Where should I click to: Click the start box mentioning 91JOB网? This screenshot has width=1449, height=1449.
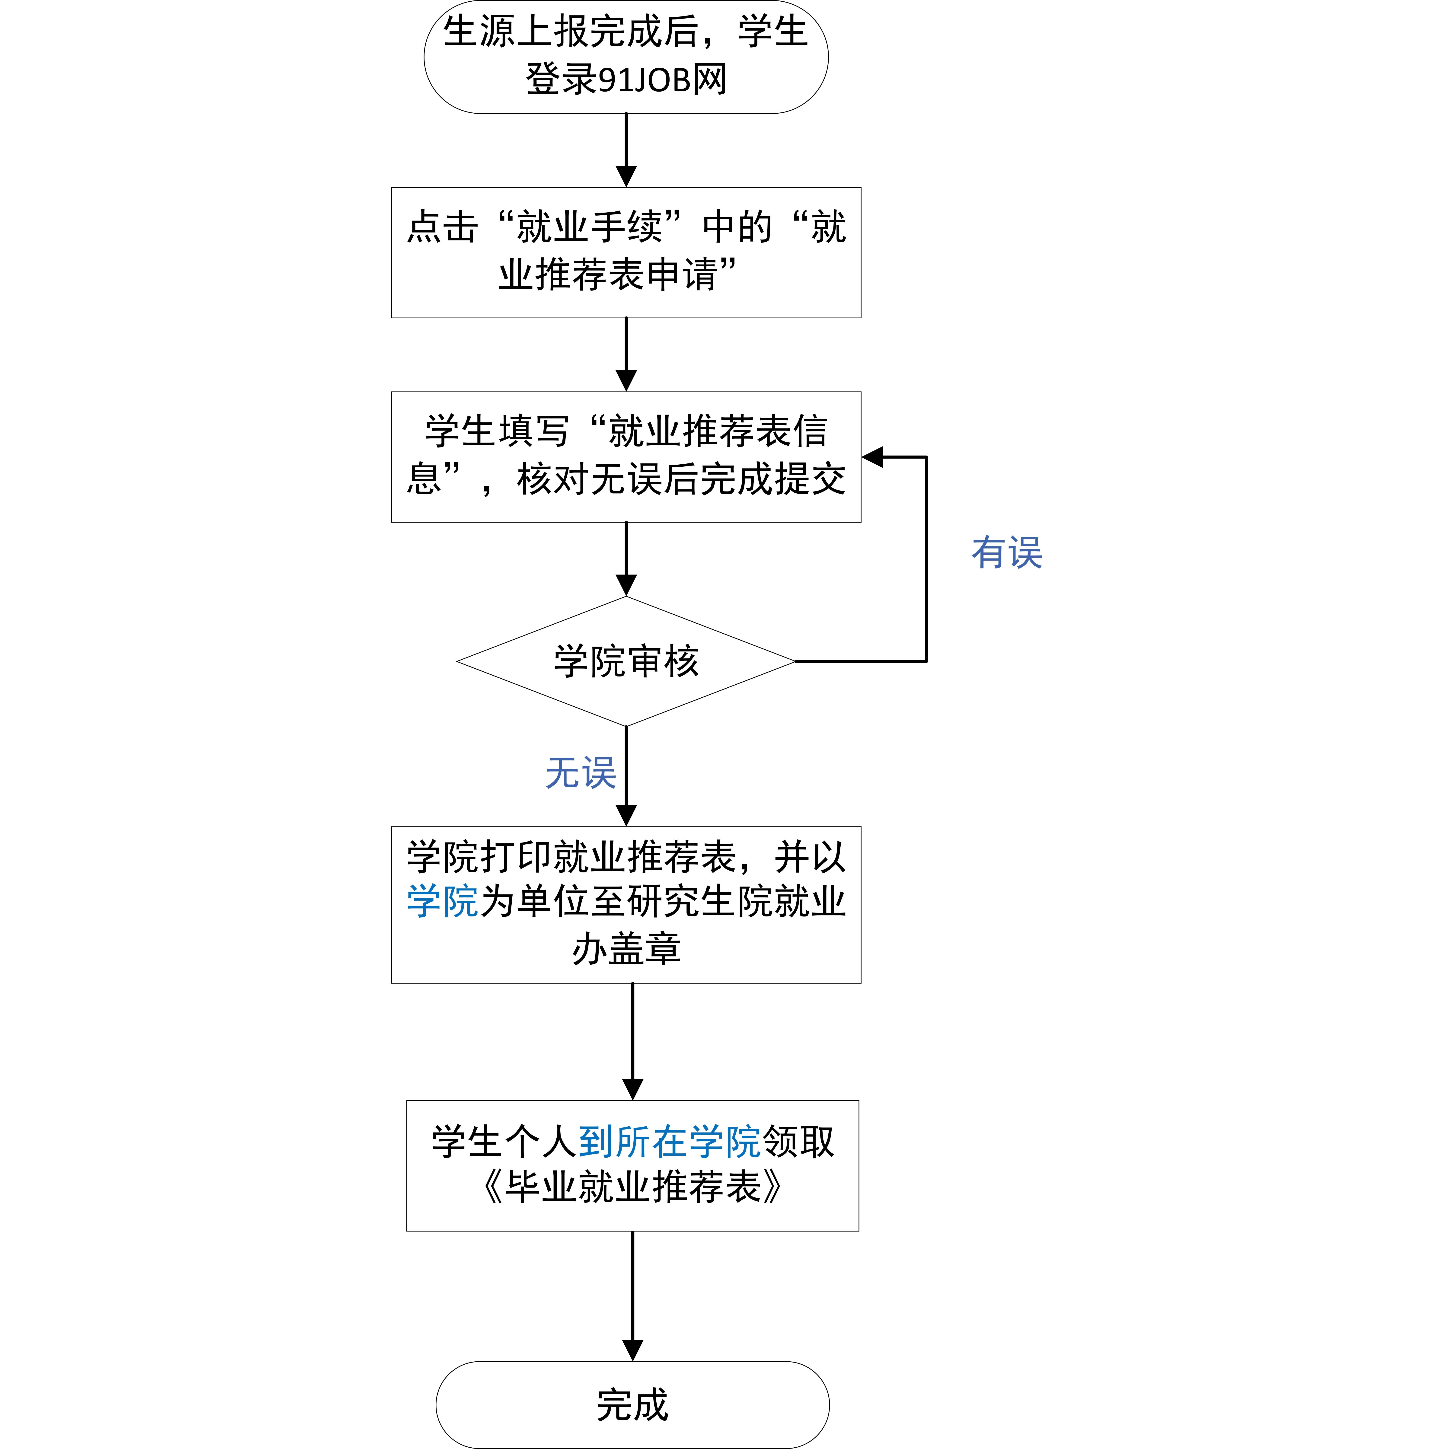[x=626, y=57]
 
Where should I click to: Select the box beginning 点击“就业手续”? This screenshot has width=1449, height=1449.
[x=626, y=253]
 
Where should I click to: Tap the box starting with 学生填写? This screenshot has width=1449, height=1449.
[x=626, y=457]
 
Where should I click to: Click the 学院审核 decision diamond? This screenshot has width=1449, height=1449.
[x=626, y=661]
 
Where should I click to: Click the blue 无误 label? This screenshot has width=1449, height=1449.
[x=581, y=772]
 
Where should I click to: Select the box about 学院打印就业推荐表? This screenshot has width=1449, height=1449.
[x=626, y=904]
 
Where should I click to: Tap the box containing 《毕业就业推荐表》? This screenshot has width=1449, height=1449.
[x=632, y=1165]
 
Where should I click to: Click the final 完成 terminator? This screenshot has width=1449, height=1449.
[x=632, y=1405]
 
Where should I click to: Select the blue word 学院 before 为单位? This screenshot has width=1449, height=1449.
[x=443, y=901]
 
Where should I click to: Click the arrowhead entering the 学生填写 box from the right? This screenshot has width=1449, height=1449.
[x=872, y=457]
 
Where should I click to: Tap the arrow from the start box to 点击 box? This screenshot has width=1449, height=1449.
[x=626, y=150]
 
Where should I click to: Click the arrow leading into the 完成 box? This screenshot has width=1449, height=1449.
[x=633, y=1296]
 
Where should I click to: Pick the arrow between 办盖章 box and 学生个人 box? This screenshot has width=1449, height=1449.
[x=633, y=1042]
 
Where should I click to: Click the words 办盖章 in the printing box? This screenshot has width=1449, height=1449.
[x=626, y=949]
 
